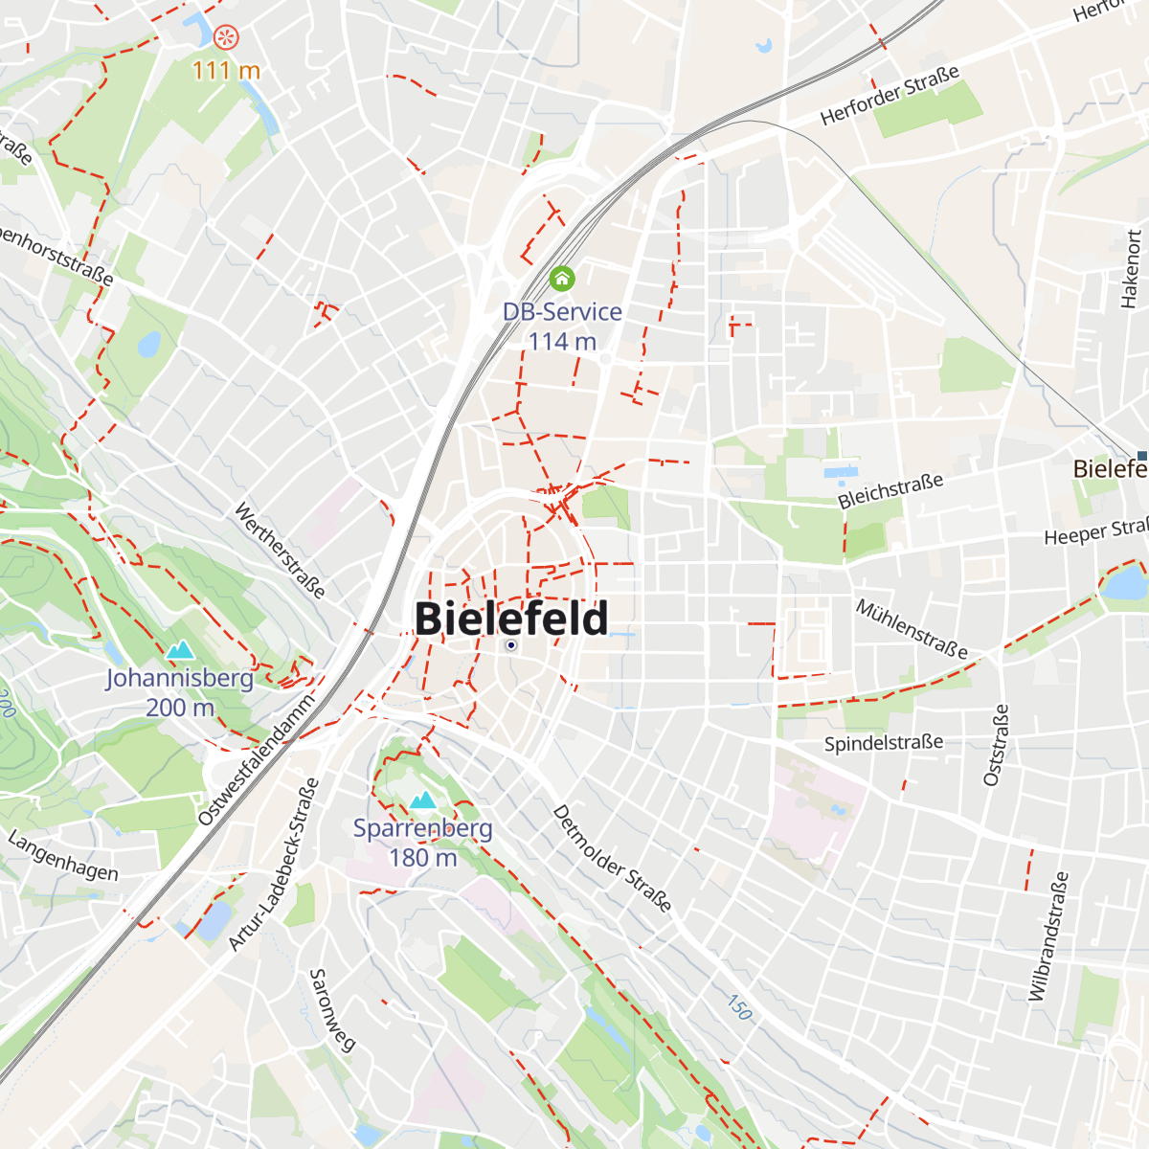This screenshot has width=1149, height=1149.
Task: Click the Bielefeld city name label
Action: [x=511, y=619]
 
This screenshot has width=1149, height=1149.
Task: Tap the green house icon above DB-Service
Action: [x=562, y=279]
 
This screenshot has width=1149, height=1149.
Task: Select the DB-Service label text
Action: [x=562, y=312]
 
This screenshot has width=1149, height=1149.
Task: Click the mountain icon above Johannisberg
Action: [x=180, y=651]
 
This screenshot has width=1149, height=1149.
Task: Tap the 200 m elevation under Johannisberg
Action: [x=180, y=708]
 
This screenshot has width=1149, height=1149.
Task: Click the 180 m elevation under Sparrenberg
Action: [x=422, y=858]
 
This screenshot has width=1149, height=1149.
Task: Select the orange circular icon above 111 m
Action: [x=226, y=38]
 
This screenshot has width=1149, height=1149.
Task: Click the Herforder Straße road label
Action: [x=890, y=96]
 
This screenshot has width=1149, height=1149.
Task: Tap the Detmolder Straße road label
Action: [x=612, y=858]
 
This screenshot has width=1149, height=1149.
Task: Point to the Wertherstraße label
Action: [x=280, y=551]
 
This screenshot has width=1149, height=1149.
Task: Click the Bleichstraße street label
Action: [x=890, y=491]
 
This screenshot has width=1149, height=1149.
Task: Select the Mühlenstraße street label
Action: [x=912, y=629]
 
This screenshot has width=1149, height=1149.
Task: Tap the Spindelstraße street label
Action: [x=883, y=743]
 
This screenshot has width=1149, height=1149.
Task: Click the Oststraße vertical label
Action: [x=997, y=745]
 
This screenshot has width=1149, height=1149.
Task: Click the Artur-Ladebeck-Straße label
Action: [x=274, y=865]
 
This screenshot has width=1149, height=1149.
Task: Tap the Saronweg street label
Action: [x=332, y=1010]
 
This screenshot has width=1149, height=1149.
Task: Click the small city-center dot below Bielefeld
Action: [x=511, y=645]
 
